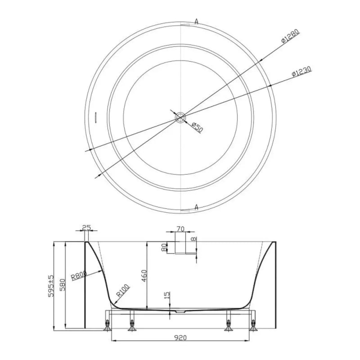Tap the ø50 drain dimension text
point(197,126)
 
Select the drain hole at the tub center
point(180,117)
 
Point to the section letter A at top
point(197,21)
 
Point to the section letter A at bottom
point(197,207)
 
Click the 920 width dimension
point(180,337)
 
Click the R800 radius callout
point(78,276)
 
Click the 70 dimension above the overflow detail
point(180,229)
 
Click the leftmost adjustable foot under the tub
point(108,324)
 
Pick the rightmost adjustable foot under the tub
point(253,324)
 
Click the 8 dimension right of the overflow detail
point(194,240)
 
